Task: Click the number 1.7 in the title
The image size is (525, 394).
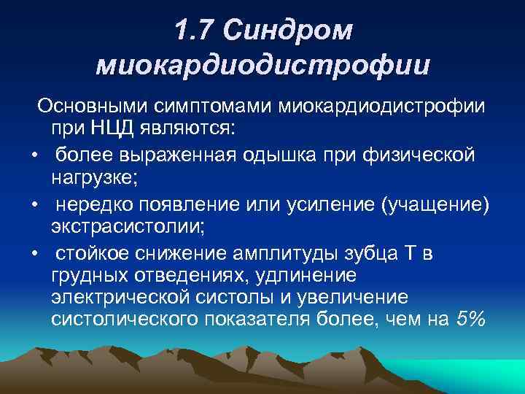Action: (x=195, y=29)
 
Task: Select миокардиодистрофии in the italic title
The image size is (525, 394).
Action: (x=262, y=66)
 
